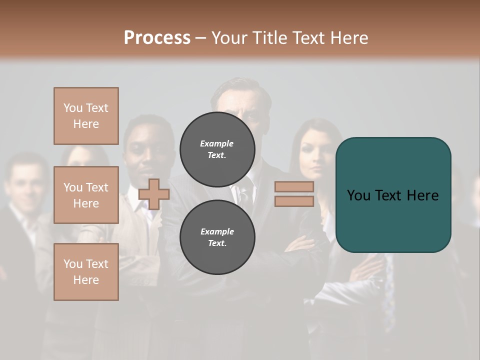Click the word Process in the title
pyautogui.click(x=157, y=38)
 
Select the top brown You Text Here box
pyautogui.click(x=86, y=116)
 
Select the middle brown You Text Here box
pyautogui.click(x=86, y=195)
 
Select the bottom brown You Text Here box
pyautogui.click(x=86, y=272)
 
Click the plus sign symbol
pyautogui.click(x=153, y=194)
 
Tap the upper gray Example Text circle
pyautogui.click(x=217, y=149)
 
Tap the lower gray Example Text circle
pyautogui.click(x=217, y=237)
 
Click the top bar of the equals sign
pyautogui.click(x=294, y=186)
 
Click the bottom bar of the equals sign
pyautogui.click(x=294, y=201)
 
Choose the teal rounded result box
pyautogui.click(x=393, y=194)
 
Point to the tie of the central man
pyautogui.click(x=243, y=192)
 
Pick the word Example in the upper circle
pyautogui.click(x=216, y=144)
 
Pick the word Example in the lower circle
pyautogui.click(x=217, y=232)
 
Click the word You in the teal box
pyautogui.click(x=358, y=195)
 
